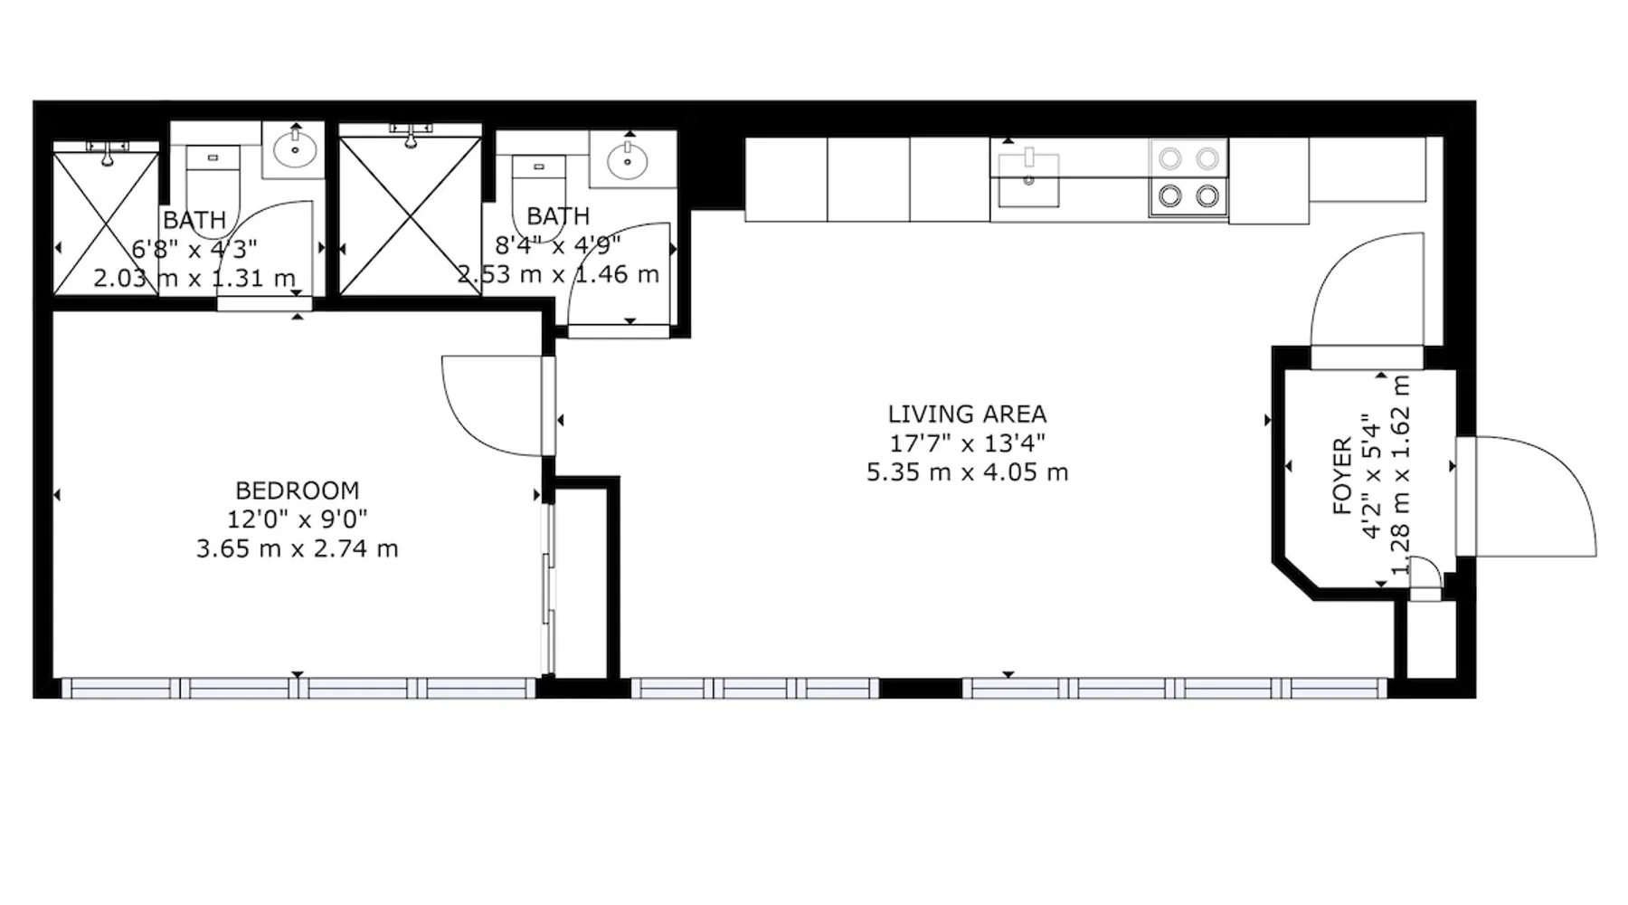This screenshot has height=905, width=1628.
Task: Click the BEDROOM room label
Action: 298,491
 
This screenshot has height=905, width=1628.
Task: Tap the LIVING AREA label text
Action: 967,414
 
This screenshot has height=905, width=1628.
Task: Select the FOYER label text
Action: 1343,476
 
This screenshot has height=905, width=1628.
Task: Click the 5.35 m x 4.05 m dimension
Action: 967,472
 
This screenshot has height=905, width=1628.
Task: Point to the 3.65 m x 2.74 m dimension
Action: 298,548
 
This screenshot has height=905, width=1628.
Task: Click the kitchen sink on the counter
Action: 1028,179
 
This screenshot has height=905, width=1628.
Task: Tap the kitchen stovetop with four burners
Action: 1188,177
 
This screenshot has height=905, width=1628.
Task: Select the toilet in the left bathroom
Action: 213,186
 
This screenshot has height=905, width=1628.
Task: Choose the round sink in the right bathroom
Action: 627,160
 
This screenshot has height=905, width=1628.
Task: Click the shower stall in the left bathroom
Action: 107,223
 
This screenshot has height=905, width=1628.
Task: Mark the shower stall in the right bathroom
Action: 411,215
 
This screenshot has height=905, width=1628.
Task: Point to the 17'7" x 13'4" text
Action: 967,443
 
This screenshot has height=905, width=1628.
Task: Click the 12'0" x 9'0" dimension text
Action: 298,519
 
